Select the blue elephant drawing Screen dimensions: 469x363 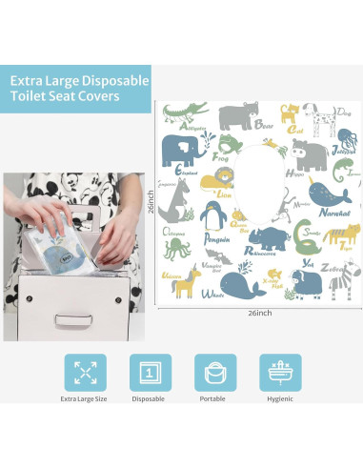(181, 151)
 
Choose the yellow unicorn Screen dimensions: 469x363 (188, 281)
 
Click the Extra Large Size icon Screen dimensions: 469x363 (85, 373)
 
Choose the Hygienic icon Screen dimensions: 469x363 (280, 373)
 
